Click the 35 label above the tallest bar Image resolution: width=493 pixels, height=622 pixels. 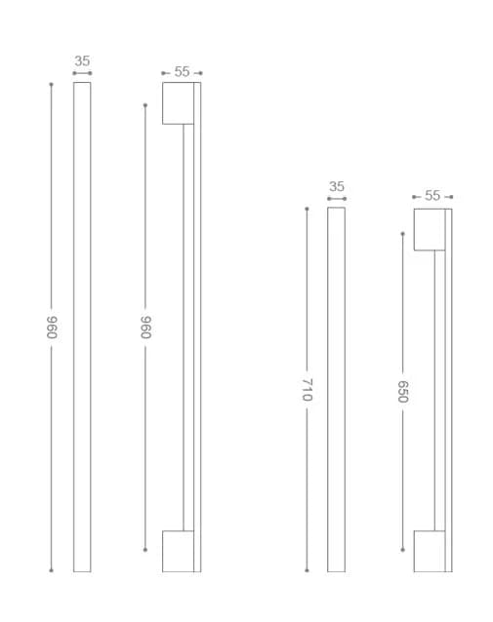[x=82, y=61]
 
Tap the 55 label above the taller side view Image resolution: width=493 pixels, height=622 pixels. [x=182, y=72]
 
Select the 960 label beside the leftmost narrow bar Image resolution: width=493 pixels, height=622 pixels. [x=52, y=328]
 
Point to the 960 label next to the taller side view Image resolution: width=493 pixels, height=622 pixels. [x=145, y=328]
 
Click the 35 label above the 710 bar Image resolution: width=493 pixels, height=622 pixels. [x=337, y=186]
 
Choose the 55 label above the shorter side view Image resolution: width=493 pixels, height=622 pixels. [x=432, y=196]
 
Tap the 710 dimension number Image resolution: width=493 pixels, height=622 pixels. [x=308, y=390]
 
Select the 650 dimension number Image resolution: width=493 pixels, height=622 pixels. [x=403, y=392]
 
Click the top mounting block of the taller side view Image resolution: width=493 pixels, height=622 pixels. [x=178, y=103]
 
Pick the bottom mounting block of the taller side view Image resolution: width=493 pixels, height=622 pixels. [x=178, y=552]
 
